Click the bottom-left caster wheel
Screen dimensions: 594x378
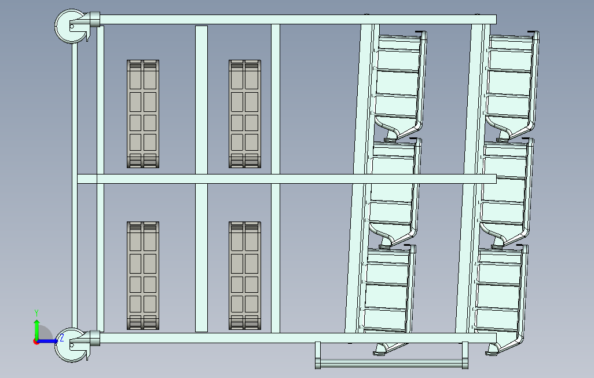click(71, 344)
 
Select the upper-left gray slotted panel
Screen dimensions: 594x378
click(143, 114)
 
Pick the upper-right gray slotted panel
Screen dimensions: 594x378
click(245, 114)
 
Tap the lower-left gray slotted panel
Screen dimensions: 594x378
click(143, 275)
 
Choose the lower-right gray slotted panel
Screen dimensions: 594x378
click(245, 275)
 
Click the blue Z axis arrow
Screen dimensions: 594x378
click(47, 341)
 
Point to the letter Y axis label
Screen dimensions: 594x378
click(36, 313)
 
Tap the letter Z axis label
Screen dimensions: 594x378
click(62, 338)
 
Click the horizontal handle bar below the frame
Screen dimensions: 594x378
click(392, 363)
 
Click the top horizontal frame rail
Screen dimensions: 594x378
click(298, 19)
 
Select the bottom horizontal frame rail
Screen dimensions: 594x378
click(298, 338)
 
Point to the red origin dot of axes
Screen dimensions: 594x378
click(36, 342)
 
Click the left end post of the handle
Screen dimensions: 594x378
click(318, 355)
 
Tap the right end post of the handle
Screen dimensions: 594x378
click(465, 355)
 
